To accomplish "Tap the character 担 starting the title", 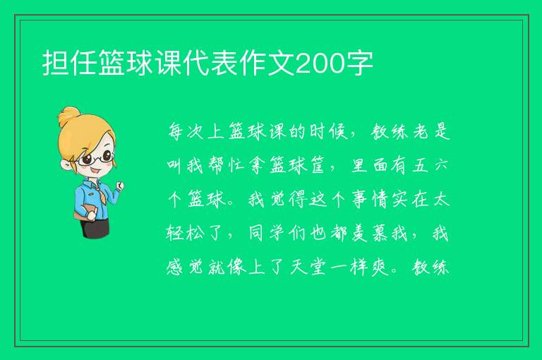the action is point(55,63).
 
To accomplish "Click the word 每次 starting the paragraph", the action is point(186,131).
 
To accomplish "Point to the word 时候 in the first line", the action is point(328,131).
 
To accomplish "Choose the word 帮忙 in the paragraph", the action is point(227,165).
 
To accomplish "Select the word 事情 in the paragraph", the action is point(370,200).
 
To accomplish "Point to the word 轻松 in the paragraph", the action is point(186,234).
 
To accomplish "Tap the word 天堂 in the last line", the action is point(308,268).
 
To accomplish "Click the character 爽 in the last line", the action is point(380,268).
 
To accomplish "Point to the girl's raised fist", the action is point(119,186).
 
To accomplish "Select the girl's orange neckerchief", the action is point(100,193).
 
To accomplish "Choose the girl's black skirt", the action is point(95,228).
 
